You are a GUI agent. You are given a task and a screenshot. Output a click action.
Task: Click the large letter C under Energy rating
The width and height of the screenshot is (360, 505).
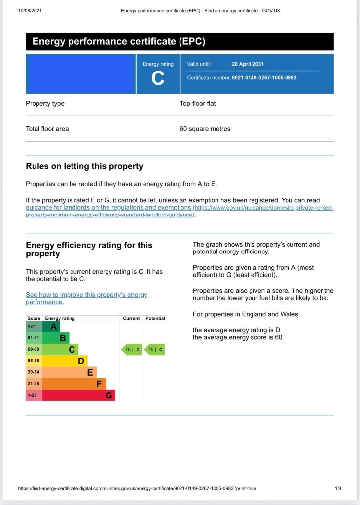point(158,78)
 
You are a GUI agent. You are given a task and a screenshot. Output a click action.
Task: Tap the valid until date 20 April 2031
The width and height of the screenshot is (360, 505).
point(248,64)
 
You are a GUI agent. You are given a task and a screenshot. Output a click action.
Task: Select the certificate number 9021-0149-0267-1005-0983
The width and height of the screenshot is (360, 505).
point(264,78)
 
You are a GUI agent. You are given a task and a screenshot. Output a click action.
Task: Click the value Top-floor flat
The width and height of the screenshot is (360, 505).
point(197,104)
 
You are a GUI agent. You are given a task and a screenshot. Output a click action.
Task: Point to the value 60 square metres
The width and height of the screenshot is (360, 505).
point(205,129)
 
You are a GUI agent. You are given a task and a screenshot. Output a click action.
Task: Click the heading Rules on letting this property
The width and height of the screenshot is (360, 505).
point(84,166)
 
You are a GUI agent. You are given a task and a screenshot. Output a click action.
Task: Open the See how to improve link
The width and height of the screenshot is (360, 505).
point(86,298)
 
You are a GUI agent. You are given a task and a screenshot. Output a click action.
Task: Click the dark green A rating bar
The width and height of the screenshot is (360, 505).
point(52,326)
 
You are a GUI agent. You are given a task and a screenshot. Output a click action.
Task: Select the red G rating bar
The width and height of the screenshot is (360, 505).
point(79,395)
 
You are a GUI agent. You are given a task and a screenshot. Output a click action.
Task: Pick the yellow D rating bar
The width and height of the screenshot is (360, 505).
point(66,361)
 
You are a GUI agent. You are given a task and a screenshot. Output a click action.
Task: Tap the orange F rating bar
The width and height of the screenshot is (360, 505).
point(74,384)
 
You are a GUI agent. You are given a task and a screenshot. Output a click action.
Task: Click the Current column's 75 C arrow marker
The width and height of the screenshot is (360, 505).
point(131,350)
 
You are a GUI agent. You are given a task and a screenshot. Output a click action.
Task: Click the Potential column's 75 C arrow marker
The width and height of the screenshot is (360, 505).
point(155,350)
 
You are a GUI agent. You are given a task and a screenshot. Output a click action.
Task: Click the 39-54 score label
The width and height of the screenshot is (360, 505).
point(34,372)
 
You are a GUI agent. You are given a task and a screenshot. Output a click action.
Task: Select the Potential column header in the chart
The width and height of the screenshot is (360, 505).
point(155,318)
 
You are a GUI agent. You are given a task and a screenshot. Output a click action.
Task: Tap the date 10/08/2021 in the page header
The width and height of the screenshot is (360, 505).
point(30,10)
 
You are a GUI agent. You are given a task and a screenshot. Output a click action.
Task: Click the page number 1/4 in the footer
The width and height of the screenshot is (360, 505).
point(338,488)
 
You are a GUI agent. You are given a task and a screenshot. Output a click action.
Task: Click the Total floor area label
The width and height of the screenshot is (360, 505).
point(47,129)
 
